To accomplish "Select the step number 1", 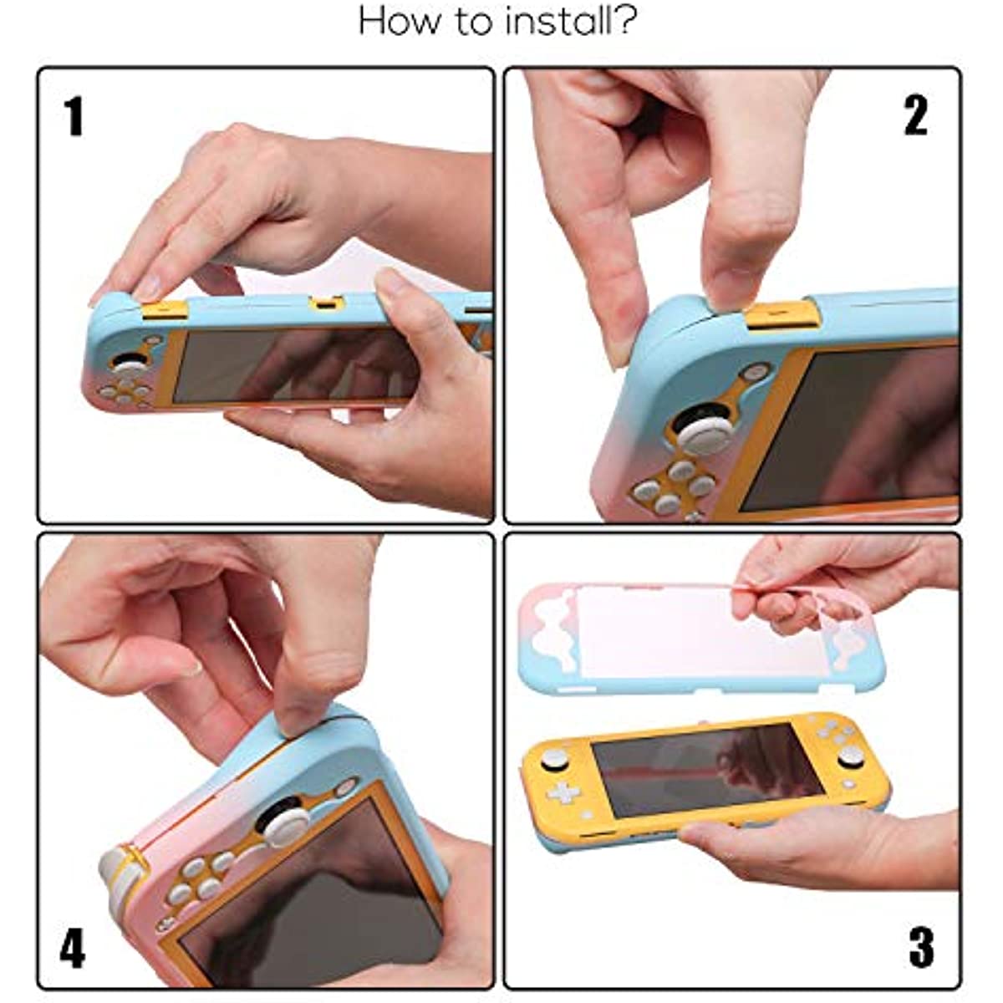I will point(74,116).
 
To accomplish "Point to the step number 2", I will point(915,116).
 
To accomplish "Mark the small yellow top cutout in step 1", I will point(326,303).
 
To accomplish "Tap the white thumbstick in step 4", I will point(280,819).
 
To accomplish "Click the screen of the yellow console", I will point(706,769).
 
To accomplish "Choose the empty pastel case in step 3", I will point(677,639).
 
